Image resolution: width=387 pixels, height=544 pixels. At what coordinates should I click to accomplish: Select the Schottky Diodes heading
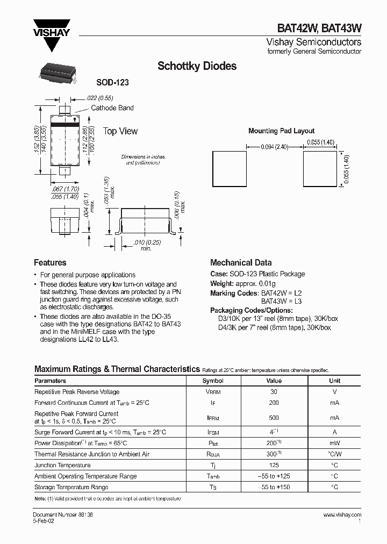coord(197,66)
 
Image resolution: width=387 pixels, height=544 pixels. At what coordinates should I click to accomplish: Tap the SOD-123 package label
coord(112,83)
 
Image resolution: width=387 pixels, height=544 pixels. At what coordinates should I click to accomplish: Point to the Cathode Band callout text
coord(112,108)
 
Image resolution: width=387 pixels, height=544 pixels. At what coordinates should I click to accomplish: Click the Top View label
coord(120,131)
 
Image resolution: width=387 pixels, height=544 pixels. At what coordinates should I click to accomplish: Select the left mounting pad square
coord(230,168)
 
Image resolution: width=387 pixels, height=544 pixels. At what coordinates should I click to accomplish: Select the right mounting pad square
coord(320,168)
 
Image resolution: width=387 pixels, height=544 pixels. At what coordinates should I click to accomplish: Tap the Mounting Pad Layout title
coord(281,131)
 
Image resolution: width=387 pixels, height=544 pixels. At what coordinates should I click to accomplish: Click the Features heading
coord(50,263)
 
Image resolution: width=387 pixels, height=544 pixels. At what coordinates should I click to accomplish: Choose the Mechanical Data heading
coord(241,263)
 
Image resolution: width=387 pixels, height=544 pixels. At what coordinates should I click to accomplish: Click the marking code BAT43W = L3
coord(282,302)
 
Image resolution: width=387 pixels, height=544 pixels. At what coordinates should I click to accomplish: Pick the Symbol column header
coord(212,381)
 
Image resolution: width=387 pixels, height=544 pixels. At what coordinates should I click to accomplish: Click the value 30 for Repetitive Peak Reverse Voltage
coord(274,392)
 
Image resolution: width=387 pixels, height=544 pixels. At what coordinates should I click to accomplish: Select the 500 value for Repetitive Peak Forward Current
coord(274,418)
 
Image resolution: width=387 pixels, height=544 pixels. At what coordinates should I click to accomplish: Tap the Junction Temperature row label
coord(62,465)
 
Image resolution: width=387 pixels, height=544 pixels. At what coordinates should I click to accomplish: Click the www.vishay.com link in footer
coord(342,514)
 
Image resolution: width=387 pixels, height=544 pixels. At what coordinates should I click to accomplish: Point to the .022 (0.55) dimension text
coord(99,98)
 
